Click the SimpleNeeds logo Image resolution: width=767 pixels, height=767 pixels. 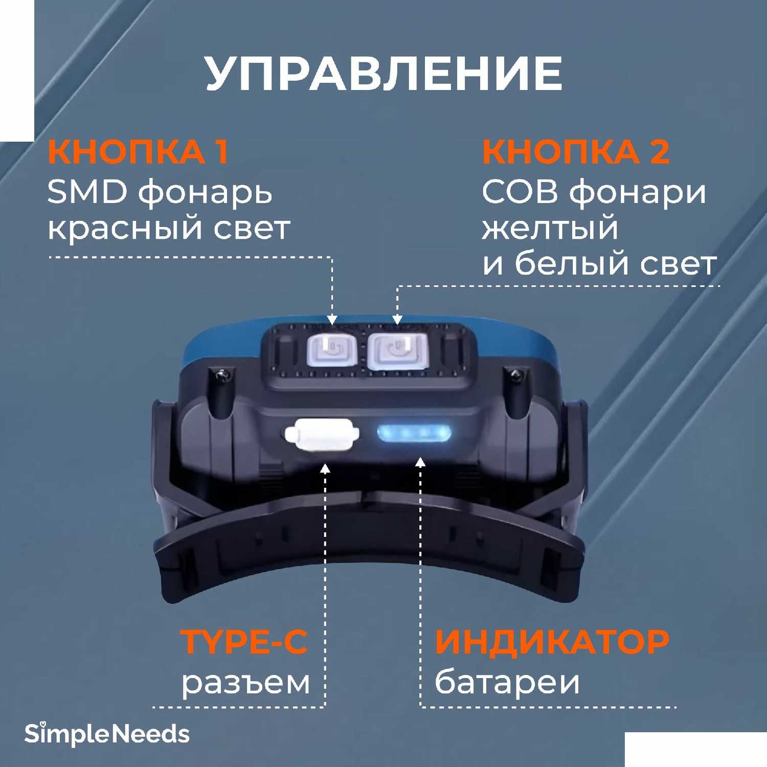(x=107, y=734)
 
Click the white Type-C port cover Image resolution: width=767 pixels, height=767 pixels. (x=321, y=435)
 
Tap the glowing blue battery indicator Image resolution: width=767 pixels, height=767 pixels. (x=415, y=434)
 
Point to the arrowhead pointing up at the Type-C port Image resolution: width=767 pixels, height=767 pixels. (x=325, y=467)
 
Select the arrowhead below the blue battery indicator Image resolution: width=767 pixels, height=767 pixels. (x=420, y=462)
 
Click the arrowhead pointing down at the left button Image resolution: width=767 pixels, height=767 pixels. (x=332, y=320)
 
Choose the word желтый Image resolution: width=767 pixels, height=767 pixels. (x=550, y=229)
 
